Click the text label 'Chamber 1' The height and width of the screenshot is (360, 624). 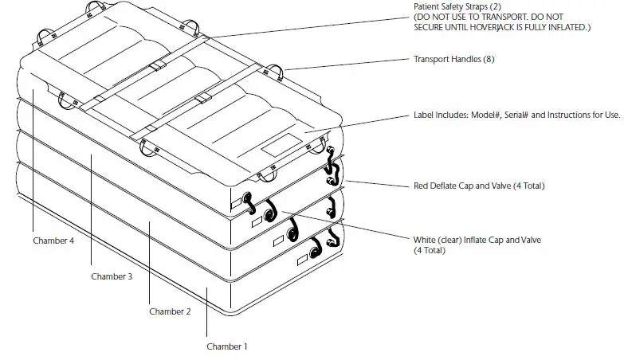coord(227,346)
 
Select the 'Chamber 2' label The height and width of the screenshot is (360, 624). coord(170,311)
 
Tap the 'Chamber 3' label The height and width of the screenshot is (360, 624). coord(111,276)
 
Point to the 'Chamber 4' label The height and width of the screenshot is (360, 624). coord(53,240)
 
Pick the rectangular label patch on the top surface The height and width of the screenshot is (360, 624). coord(283,144)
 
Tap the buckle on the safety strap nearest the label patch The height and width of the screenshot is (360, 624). coord(203,98)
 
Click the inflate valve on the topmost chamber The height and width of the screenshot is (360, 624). coord(248,198)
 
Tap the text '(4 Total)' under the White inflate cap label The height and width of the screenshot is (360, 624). coord(430,251)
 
